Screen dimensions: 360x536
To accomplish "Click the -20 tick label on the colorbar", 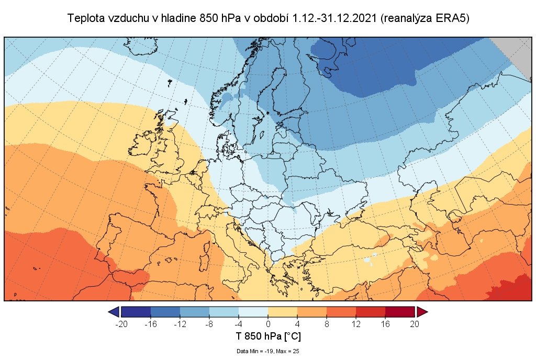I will coord(121,324).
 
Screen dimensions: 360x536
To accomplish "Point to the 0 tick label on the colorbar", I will coord(268,324).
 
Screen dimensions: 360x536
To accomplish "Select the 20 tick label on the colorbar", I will coord(415,324).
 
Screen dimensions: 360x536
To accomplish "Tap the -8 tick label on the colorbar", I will coord(209,324).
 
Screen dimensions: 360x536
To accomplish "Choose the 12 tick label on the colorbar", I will coord(356,324).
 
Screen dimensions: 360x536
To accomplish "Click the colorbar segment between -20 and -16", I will coord(136,312).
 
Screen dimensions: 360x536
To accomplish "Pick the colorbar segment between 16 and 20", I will coord(400,312).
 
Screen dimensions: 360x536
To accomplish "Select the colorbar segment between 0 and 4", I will coord(283,312).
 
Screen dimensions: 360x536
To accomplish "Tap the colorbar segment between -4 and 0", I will coord(253,312).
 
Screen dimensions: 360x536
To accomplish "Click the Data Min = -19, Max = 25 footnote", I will coord(267,351).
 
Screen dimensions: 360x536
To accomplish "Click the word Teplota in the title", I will coord(86,18).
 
